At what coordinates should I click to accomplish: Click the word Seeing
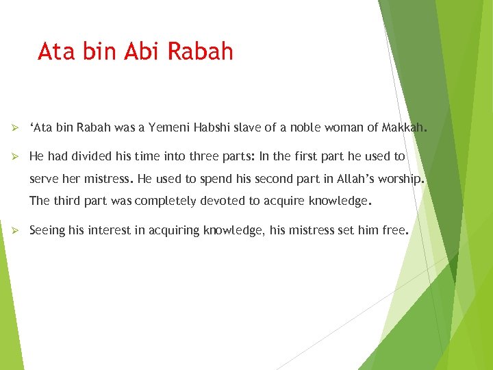coord(47,231)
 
